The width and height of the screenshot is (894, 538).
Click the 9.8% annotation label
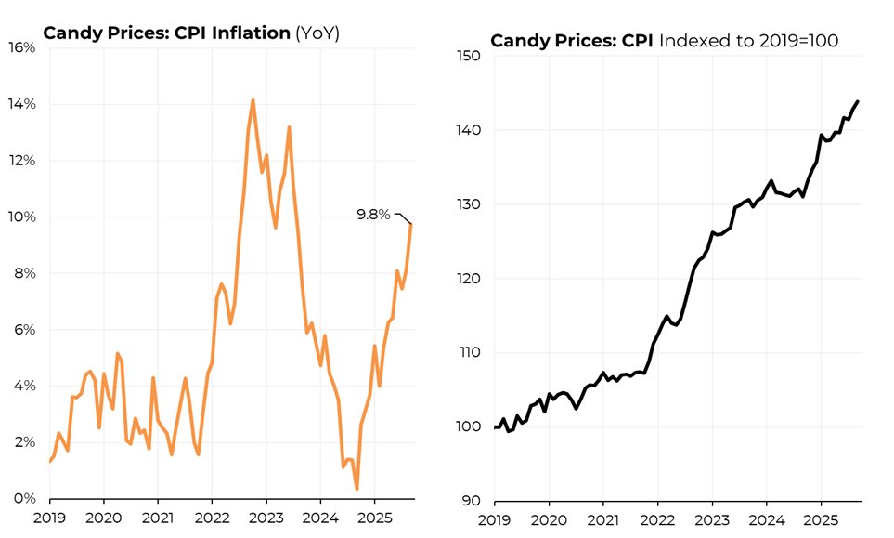[374, 215]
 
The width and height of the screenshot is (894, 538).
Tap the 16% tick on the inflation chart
[22, 47]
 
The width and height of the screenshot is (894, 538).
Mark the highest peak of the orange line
[253, 99]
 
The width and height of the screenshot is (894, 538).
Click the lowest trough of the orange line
[356, 489]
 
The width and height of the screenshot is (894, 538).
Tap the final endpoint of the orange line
[411, 224]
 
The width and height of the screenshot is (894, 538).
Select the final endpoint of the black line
[857, 101]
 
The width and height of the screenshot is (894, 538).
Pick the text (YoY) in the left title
[317, 33]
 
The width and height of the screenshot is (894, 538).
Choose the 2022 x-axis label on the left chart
[212, 516]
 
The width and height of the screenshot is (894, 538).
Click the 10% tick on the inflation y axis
[22, 217]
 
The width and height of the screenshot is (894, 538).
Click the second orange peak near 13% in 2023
[289, 127]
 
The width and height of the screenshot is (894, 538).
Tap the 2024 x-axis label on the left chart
[320, 516]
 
